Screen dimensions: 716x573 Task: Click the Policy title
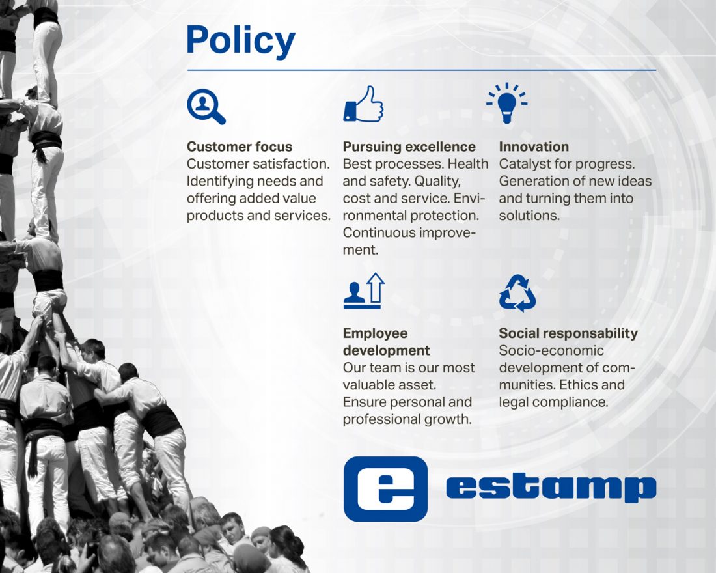[241, 41]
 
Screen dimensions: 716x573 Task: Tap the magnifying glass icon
[206, 107]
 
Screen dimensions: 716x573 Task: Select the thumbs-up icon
[363, 104]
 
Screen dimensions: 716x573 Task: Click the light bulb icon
[507, 104]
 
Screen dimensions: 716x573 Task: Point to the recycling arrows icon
[517, 293]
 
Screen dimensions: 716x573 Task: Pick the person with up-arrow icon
[364, 290]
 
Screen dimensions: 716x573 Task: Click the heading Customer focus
[240, 147]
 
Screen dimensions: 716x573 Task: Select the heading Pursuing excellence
[409, 147]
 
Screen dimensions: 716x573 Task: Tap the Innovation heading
[534, 147]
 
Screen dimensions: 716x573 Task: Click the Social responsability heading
[568, 333]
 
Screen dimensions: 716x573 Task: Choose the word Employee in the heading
[375, 333]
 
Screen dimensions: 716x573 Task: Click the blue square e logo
[385, 489]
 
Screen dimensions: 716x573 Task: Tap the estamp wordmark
[551, 488]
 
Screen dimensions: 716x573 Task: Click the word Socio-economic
[551, 350]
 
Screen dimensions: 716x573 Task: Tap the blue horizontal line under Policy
[422, 70]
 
